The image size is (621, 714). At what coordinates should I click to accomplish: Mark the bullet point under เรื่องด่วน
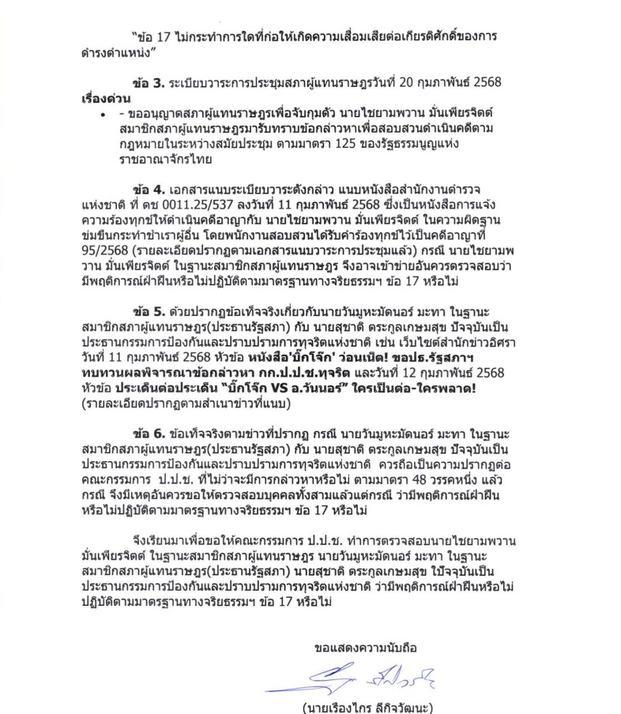(103, 116)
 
